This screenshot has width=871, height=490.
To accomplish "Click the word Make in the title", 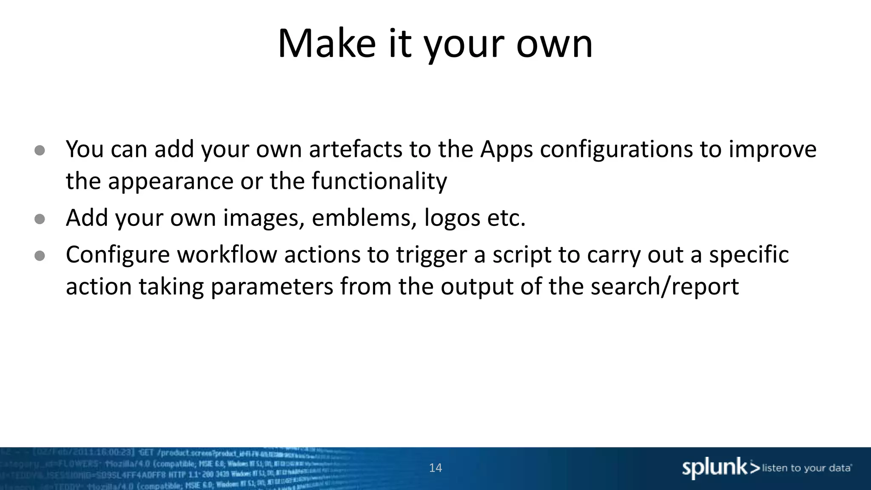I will [326, 43].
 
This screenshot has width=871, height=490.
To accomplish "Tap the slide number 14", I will [435, 468].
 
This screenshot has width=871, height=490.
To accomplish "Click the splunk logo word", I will [715, 468].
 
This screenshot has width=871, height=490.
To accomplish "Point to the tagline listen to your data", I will [806, 468].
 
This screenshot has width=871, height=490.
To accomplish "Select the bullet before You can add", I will [40, 151].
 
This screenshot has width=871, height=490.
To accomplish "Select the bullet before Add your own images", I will [40, 219].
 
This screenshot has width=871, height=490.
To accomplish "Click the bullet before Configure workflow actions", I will [40, 256].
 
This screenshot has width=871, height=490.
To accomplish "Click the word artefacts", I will [356, 150].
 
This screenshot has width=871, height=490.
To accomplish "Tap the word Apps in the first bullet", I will [506, 150].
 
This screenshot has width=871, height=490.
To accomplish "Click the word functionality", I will [379, 181].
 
